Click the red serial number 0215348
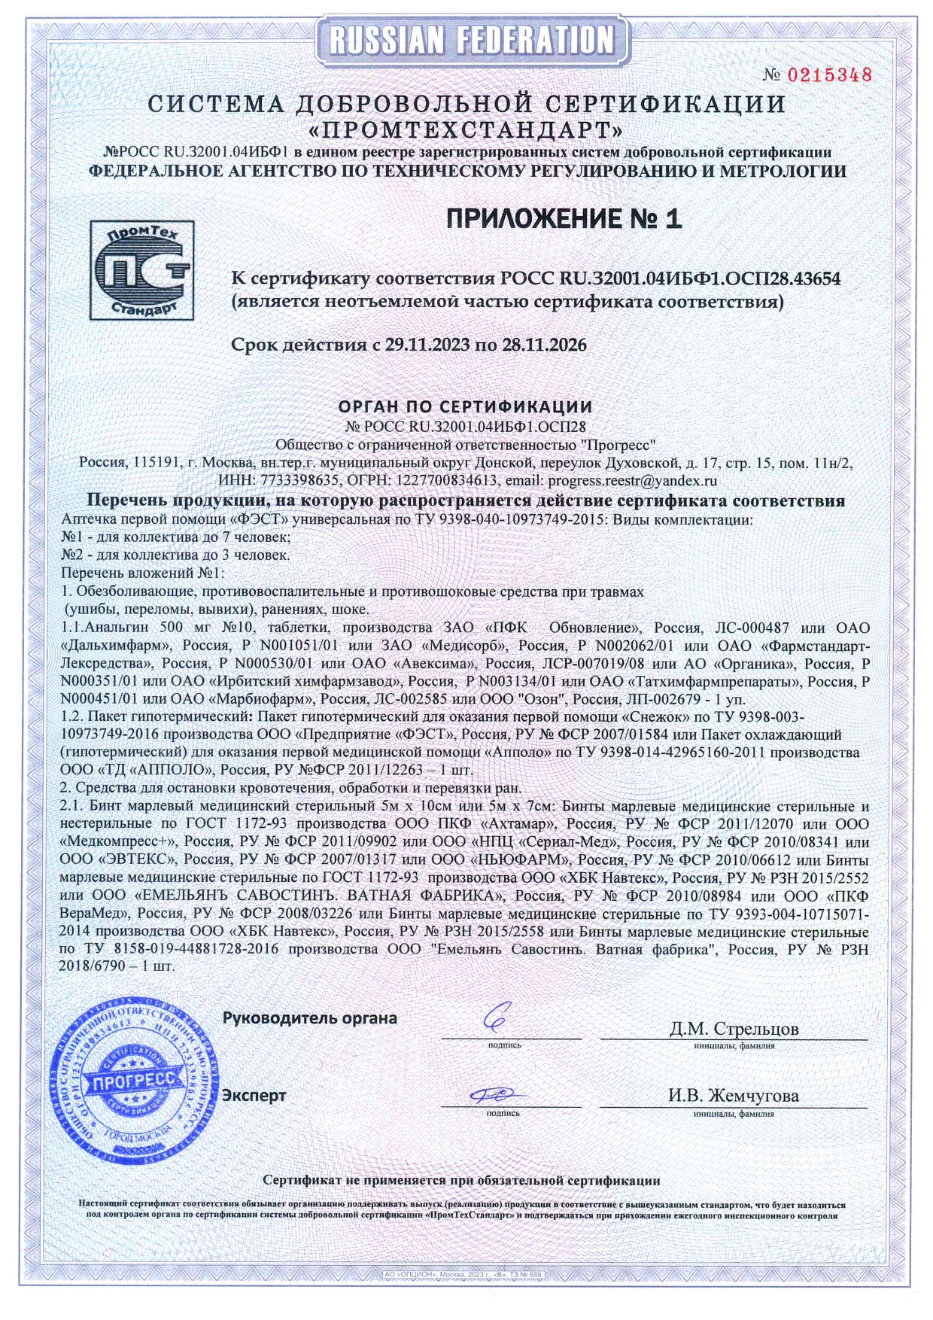[x=829, y=75]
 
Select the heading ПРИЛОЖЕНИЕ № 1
[x=564, y=218]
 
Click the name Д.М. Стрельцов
[x=734, y=1028]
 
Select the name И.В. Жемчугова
[x=734, y=1096]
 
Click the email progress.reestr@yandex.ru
[x=632, y=480]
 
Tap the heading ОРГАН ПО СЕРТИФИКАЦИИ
[x=465, y=407]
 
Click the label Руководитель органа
[x=309, y=1018]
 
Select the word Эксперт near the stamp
[x=254, y=1096]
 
